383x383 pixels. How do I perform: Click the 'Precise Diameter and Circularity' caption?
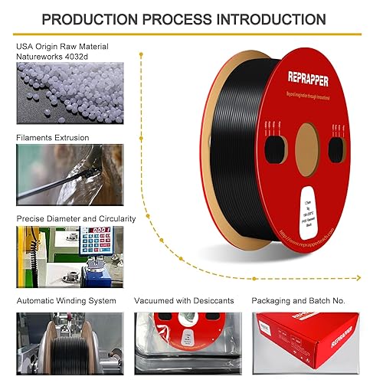pyautogui.click(x=76, y=218)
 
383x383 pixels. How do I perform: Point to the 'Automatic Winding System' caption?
pyautogui.click(x=67, y=301)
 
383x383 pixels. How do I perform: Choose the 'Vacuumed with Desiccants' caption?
pyautogui.click(x=184, y=301)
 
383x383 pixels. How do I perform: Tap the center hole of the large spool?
pyautogui.click(x=306, y=147)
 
